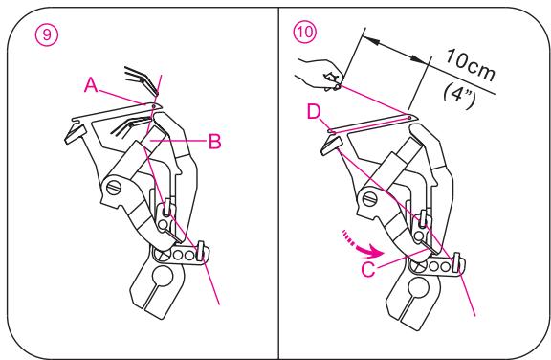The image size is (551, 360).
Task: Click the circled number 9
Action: pyautogui.click(x=47, y=34)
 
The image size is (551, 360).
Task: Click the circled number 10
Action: pyautogui.click(x=304, y=32)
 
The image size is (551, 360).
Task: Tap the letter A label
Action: pyautogui.click(x=91, y=85)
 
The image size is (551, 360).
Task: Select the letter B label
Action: pyautogui.click(x=214, y=142)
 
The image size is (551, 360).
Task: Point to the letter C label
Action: pyautogui.click(x=368, y=270)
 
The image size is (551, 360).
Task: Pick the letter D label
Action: pyautogui.click(x=314, y=113)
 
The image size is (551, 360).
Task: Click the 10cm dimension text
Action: pyautogui.click(x=471, y=65)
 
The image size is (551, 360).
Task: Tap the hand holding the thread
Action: pyautogui.click(x=318, y=75)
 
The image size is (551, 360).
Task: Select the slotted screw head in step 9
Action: pyautogui.click(x=115, y=187)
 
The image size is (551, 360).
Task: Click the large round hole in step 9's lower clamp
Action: pyautogui.click(x=163, y=275)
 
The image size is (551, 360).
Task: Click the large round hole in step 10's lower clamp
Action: pyautogui.click(x=418, y=285)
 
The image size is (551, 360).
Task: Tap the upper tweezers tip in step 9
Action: pyautogui.click(x=156, y=93)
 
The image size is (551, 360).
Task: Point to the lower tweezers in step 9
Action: pyautogui.click(x=128, y=125)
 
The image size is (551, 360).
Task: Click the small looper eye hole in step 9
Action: pyautogui.click(x=154, y=105)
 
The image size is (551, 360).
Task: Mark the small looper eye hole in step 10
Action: pyautogui.click(x=409, y=118)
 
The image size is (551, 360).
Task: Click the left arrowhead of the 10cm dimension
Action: pyautogui.click(x=373, y=41)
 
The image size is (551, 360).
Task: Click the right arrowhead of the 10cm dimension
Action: pyautogui.click(x=419, y=59)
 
